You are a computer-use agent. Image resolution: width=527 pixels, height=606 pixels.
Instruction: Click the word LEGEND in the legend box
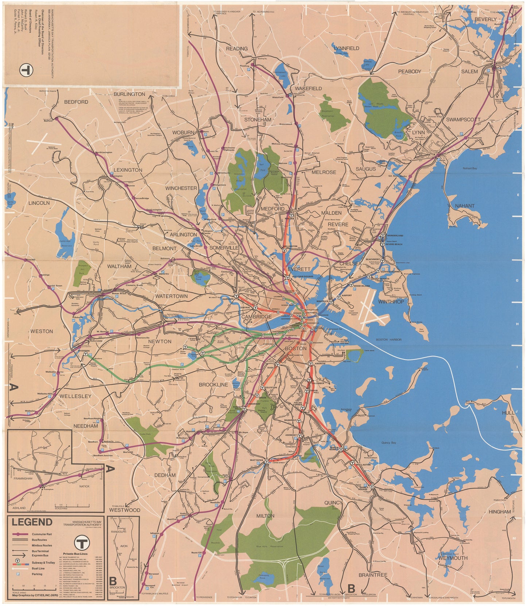click(32, 522)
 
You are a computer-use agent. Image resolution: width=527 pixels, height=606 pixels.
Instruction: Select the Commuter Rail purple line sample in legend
click(21, 534)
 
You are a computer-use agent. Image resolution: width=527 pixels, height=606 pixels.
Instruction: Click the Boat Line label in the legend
click(37, 568)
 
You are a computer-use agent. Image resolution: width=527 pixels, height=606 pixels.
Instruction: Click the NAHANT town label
click(465, 206)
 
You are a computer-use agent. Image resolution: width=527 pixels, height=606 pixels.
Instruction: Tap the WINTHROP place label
click(391, 302)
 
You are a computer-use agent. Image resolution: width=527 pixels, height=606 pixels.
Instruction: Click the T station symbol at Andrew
click(310, 364)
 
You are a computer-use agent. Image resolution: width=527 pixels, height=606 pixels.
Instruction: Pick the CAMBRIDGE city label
click(256, 316)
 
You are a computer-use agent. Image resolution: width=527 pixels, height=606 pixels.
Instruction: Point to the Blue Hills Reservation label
click(270, 547)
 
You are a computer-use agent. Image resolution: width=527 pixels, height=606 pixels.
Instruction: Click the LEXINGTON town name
click(128, 170)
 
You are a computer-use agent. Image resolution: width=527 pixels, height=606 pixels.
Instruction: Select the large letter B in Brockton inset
click(113, 580)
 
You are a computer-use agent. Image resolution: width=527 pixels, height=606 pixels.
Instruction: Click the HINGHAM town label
click(500, 512)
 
